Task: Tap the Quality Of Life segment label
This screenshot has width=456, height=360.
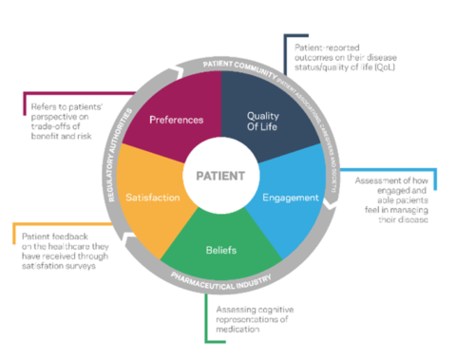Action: coord(268,122)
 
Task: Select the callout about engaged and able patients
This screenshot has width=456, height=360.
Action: coord(399,199)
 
